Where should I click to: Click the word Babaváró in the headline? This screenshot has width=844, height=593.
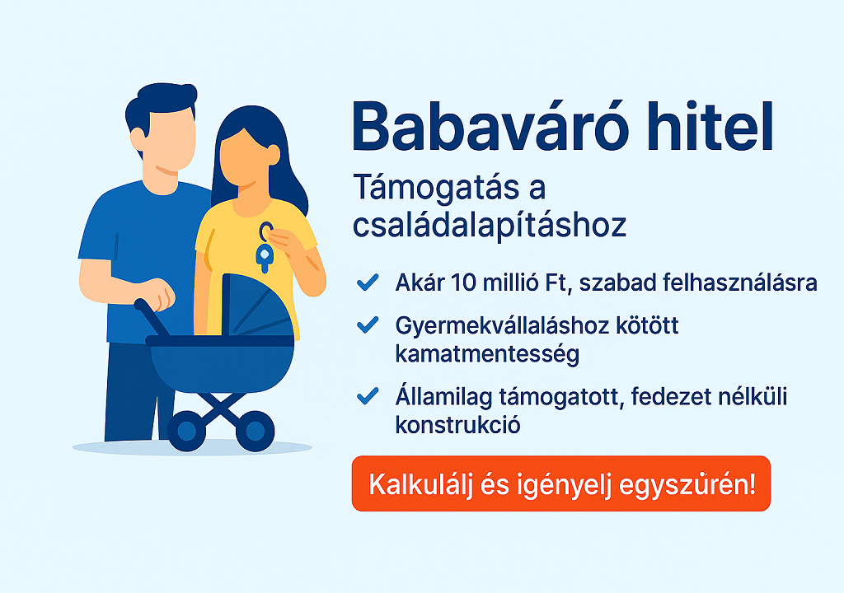[x=490, y=127]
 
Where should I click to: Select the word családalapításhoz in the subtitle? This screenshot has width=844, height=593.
[x=490, y=226]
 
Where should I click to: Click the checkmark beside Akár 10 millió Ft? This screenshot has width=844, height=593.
[x=368, y=282]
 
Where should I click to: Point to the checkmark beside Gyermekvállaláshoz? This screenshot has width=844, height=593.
[x=368, y=325]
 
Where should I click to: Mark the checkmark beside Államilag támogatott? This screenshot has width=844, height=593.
[x=368, y=395]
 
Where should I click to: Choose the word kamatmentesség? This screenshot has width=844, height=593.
[x=487, y=355]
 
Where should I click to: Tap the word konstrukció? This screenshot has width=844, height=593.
[x=457, y=425]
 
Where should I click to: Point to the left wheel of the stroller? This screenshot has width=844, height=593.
[x=187, y=431]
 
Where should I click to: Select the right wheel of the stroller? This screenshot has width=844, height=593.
[x=256, y=431]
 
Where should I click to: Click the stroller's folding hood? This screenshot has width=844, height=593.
[x=257, y=306]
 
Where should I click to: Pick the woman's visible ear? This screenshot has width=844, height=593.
[x=274, y=155]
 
